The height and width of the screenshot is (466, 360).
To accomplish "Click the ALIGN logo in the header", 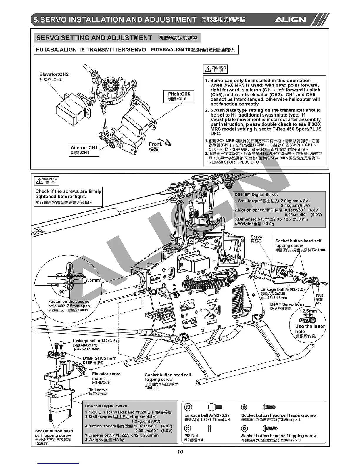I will click(290, 20).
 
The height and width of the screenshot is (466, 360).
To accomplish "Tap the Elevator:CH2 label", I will click(54, 74).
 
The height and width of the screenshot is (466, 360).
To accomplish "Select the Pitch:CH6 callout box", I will click(179, 96).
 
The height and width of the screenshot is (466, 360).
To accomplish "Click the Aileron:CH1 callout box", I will click(84, 150).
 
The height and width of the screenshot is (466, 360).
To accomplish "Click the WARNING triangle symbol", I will click(38, 180).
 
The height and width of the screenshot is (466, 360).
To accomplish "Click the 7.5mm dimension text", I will click(93, 280).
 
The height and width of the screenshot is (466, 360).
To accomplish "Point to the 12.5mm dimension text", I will click(308, 311).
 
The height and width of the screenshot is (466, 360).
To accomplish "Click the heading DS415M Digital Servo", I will click(256, 194).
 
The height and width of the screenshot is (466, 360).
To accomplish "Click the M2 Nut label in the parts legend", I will click(191, 435).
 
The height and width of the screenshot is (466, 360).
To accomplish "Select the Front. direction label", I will click(156, 144).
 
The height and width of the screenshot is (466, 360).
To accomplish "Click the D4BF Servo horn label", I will click(99, 358).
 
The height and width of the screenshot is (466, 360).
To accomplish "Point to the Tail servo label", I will click(98, 390).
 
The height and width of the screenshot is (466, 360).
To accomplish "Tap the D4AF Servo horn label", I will click(287, 304).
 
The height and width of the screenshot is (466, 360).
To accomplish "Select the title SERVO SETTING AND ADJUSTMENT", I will click(94, 38).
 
